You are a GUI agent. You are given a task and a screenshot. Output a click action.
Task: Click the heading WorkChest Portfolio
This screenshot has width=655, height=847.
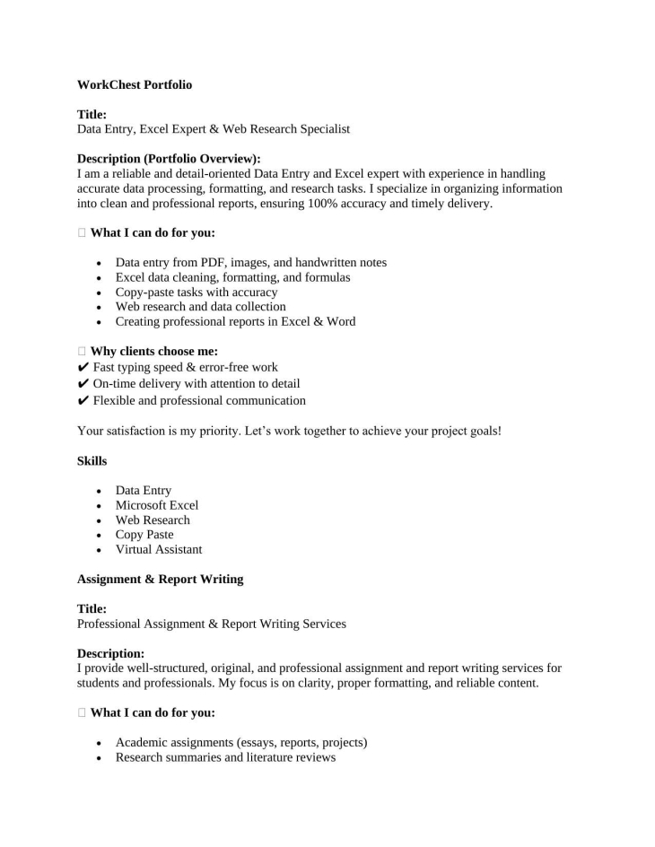[x=135, y=85]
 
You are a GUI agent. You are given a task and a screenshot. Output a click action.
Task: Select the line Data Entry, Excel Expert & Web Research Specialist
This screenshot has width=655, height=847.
[x=214, y=129]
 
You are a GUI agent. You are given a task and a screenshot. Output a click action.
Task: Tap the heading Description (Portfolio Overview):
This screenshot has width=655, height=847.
[x=169, y=159]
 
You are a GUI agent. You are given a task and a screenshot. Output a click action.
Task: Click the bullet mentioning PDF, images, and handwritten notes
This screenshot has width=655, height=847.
[x=251, y=263]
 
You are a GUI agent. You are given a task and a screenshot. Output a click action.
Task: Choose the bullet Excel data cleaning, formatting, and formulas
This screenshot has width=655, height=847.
[x=232, y=277]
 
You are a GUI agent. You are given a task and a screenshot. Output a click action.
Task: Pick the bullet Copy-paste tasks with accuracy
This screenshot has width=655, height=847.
[x=196, y=292]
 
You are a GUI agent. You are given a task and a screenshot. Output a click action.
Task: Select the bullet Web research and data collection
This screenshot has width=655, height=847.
[x=200, y=307]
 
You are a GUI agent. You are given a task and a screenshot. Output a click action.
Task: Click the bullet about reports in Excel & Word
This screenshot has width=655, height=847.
[x=235, y=321]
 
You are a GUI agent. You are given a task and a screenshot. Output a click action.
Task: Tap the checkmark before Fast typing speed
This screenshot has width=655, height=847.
[x=83, y=368]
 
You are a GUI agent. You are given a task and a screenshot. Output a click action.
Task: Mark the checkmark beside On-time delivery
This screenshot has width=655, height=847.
[x=83, y=384]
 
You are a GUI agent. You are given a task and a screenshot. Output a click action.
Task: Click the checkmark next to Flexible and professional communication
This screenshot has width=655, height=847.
[x=83, y=401]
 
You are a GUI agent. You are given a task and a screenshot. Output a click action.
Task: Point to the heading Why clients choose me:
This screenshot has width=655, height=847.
[x=154, y=352]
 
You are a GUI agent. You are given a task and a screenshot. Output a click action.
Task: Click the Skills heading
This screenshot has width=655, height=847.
[x=92, y=460]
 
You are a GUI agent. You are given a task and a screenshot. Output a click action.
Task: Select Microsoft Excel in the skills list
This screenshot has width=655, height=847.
[x=157, y=505]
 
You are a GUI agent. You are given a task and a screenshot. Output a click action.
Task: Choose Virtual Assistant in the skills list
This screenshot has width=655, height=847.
[x=159, y=549]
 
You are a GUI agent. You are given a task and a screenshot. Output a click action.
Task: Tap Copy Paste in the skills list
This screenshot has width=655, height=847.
[x=144, y=535]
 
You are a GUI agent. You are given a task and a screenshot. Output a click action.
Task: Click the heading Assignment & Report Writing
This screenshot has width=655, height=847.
[x=160, y=580]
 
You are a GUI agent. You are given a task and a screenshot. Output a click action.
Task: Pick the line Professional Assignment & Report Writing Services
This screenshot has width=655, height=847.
[x=212, y=624]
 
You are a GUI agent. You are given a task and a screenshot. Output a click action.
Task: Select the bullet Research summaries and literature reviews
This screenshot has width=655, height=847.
[x=225, y=758]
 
